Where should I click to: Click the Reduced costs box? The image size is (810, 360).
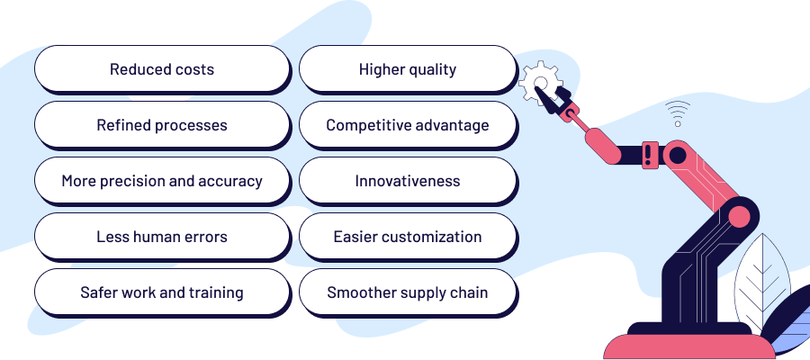click(162, 69)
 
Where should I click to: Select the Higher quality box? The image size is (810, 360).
click(408, 69)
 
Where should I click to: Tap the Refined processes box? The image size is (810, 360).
click(162, 125)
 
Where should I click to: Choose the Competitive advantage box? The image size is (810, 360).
click(408, 125)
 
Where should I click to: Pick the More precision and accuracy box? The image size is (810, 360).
click(162, 181)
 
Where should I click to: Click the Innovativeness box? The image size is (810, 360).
click(408, 181)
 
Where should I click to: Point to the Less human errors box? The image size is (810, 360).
click(162, 237)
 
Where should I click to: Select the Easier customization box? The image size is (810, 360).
click(408, 237)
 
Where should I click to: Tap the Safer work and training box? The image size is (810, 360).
click(162, 292)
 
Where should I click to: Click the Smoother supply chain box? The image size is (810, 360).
click(408, 292)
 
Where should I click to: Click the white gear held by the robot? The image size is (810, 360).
click(537, 82)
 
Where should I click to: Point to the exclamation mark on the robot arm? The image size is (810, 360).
click(649, 153)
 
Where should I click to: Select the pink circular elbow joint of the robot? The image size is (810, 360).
click(739, 216)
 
